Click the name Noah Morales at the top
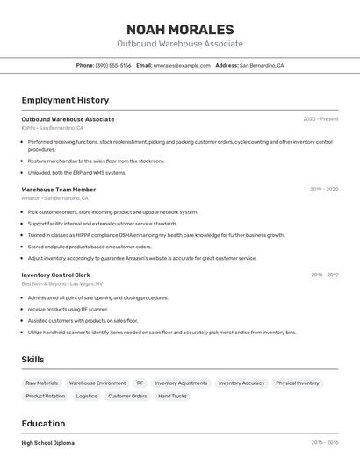point(180,30)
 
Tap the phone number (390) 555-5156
point(113,65)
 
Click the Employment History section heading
point(65,100)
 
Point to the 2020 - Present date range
point(320,119)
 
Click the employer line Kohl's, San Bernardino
point(54,128)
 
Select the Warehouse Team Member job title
point(58,190)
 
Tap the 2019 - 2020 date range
point(324,190)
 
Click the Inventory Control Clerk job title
point(55,275)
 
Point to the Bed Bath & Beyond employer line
point(61,284)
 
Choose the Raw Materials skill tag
point(42,383)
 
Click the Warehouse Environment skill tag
point(97,383)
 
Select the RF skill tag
point(140,383)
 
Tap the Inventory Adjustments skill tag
point(181,383)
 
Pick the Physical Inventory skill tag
point(297,383)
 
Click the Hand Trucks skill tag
point(172,397)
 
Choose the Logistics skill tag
point(86,397)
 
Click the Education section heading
point(43,424)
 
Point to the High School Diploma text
point(47,443)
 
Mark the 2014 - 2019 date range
point(324,443)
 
